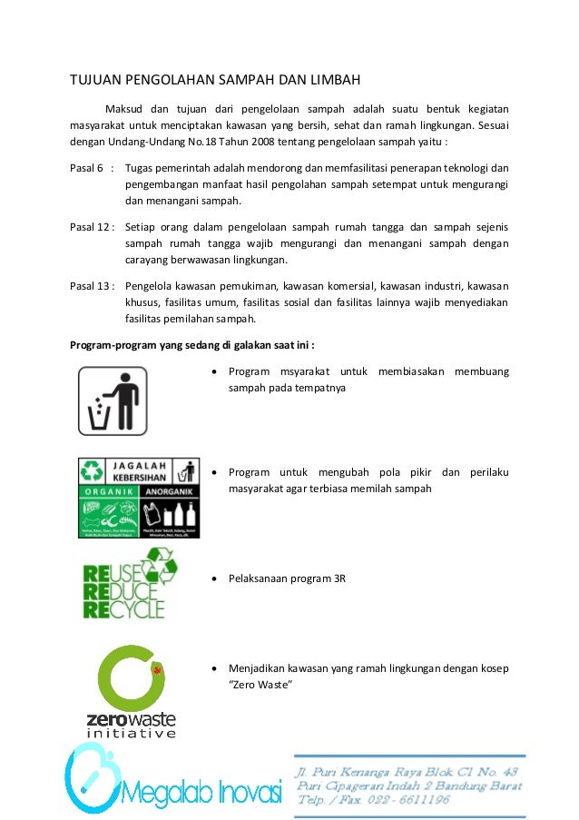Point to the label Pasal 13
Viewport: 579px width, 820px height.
tap(88, 285)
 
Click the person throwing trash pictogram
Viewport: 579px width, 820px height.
tap(112, 400)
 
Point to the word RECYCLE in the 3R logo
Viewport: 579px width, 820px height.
tap(124, 608)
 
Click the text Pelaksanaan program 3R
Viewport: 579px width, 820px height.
tap(287, 578)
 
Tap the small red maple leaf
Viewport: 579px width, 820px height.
tap(156, 670)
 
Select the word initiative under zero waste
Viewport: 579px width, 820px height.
tap(131, 732)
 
